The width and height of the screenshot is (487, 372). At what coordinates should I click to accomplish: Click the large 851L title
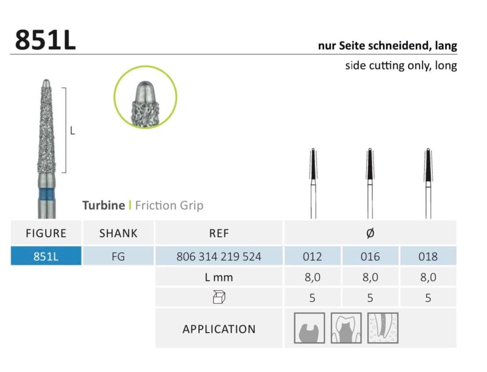(45, 40)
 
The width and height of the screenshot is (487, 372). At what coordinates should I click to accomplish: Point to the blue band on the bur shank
(46, 195)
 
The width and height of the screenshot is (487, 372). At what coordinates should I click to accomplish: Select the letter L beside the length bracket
(73, 131)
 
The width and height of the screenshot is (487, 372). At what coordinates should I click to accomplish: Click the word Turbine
(104, 205)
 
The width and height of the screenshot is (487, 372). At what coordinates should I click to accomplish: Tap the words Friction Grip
(169, 205)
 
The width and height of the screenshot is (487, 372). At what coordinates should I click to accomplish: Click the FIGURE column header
(46, 233)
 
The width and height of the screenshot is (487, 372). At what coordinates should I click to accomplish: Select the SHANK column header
(118, 233)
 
